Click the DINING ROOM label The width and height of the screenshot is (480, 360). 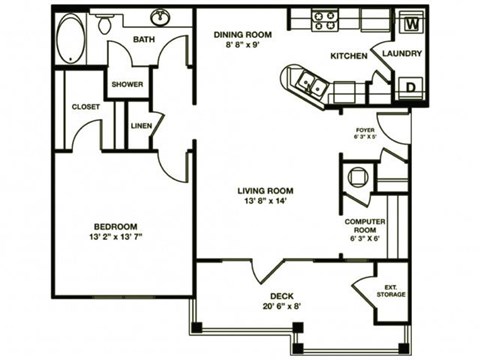tap(243, 33)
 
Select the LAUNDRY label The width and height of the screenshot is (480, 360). tap(402, 54)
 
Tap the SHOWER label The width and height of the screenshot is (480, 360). tap(127, 85)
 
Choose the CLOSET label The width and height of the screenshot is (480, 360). tap(84, 106)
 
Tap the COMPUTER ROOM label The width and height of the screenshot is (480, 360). tap(364, 225)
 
